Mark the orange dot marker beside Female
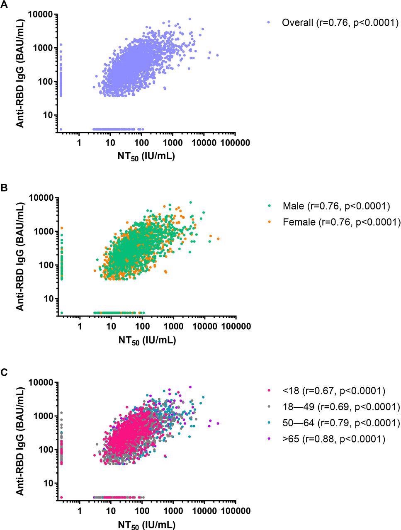tap(269, 222)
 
